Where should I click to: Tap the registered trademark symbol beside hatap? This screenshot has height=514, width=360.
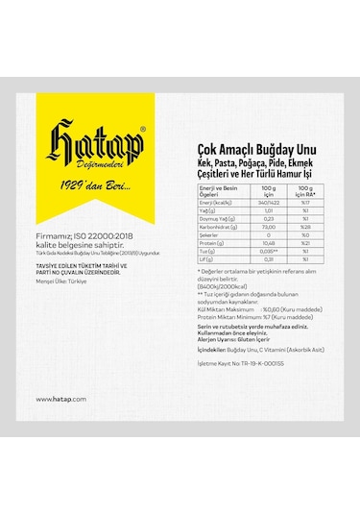pos(144,125)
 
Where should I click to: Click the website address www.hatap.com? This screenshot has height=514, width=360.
pos(61,398)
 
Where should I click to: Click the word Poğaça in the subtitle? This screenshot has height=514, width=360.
pos(249,150)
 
